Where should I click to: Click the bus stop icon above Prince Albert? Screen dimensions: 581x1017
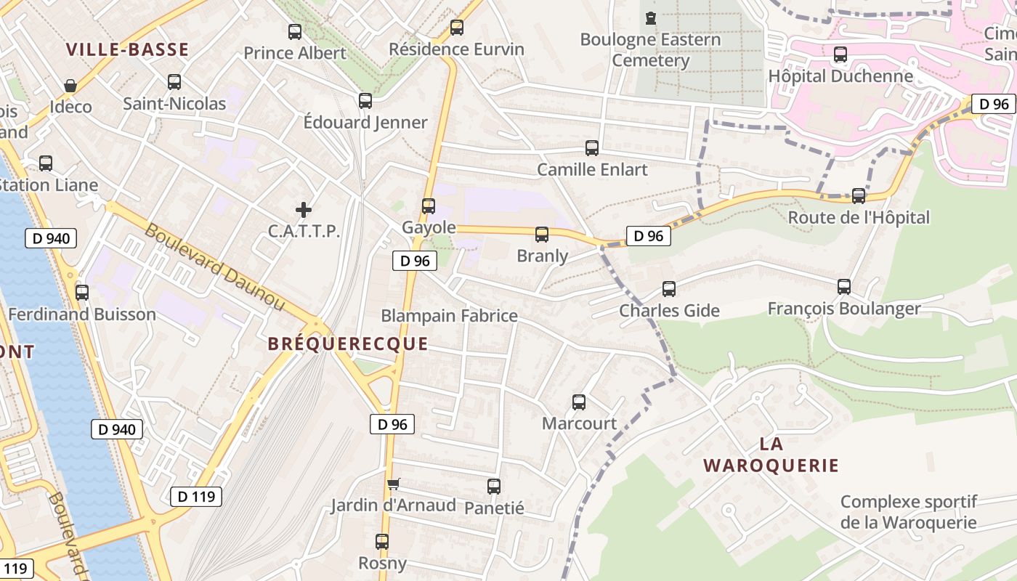295,32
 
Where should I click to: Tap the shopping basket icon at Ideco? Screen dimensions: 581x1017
70,86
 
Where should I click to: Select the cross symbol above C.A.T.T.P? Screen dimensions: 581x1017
304,211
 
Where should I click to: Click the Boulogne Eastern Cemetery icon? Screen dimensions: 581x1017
651,18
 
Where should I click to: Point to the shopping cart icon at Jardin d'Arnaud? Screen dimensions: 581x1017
393,484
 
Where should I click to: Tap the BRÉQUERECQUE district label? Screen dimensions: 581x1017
348,344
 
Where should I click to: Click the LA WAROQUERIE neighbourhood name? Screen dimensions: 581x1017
771,455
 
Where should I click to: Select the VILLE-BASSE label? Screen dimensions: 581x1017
127,49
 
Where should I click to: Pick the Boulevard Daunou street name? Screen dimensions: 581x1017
215,267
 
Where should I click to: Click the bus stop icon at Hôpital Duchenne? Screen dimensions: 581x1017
840,54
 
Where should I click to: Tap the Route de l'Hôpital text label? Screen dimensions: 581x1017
859,217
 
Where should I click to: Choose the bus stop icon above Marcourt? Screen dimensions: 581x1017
579,402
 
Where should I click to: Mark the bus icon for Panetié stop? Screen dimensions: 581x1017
494,487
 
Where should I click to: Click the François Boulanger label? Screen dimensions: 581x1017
844,309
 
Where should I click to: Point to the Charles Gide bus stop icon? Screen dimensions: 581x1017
669,289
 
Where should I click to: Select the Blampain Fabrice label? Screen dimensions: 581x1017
449,316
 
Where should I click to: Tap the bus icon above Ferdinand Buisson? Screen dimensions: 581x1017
82,293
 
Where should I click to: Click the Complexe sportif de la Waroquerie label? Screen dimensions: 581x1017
908,512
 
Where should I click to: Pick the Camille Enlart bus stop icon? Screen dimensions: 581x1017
592,148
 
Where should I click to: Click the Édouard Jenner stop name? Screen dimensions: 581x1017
365,122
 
